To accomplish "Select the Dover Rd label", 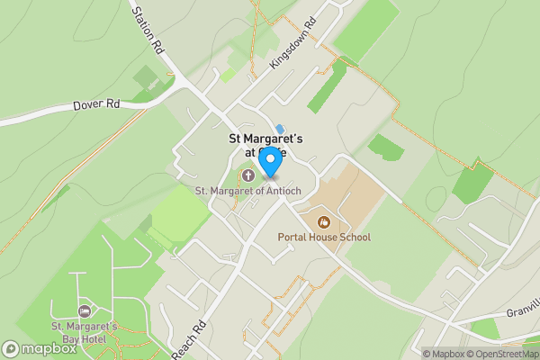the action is pos(96,105).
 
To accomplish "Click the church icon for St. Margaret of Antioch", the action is pos(247,174).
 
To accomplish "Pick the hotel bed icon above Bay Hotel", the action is pos(85,310).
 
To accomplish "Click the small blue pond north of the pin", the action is pos(280,129).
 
